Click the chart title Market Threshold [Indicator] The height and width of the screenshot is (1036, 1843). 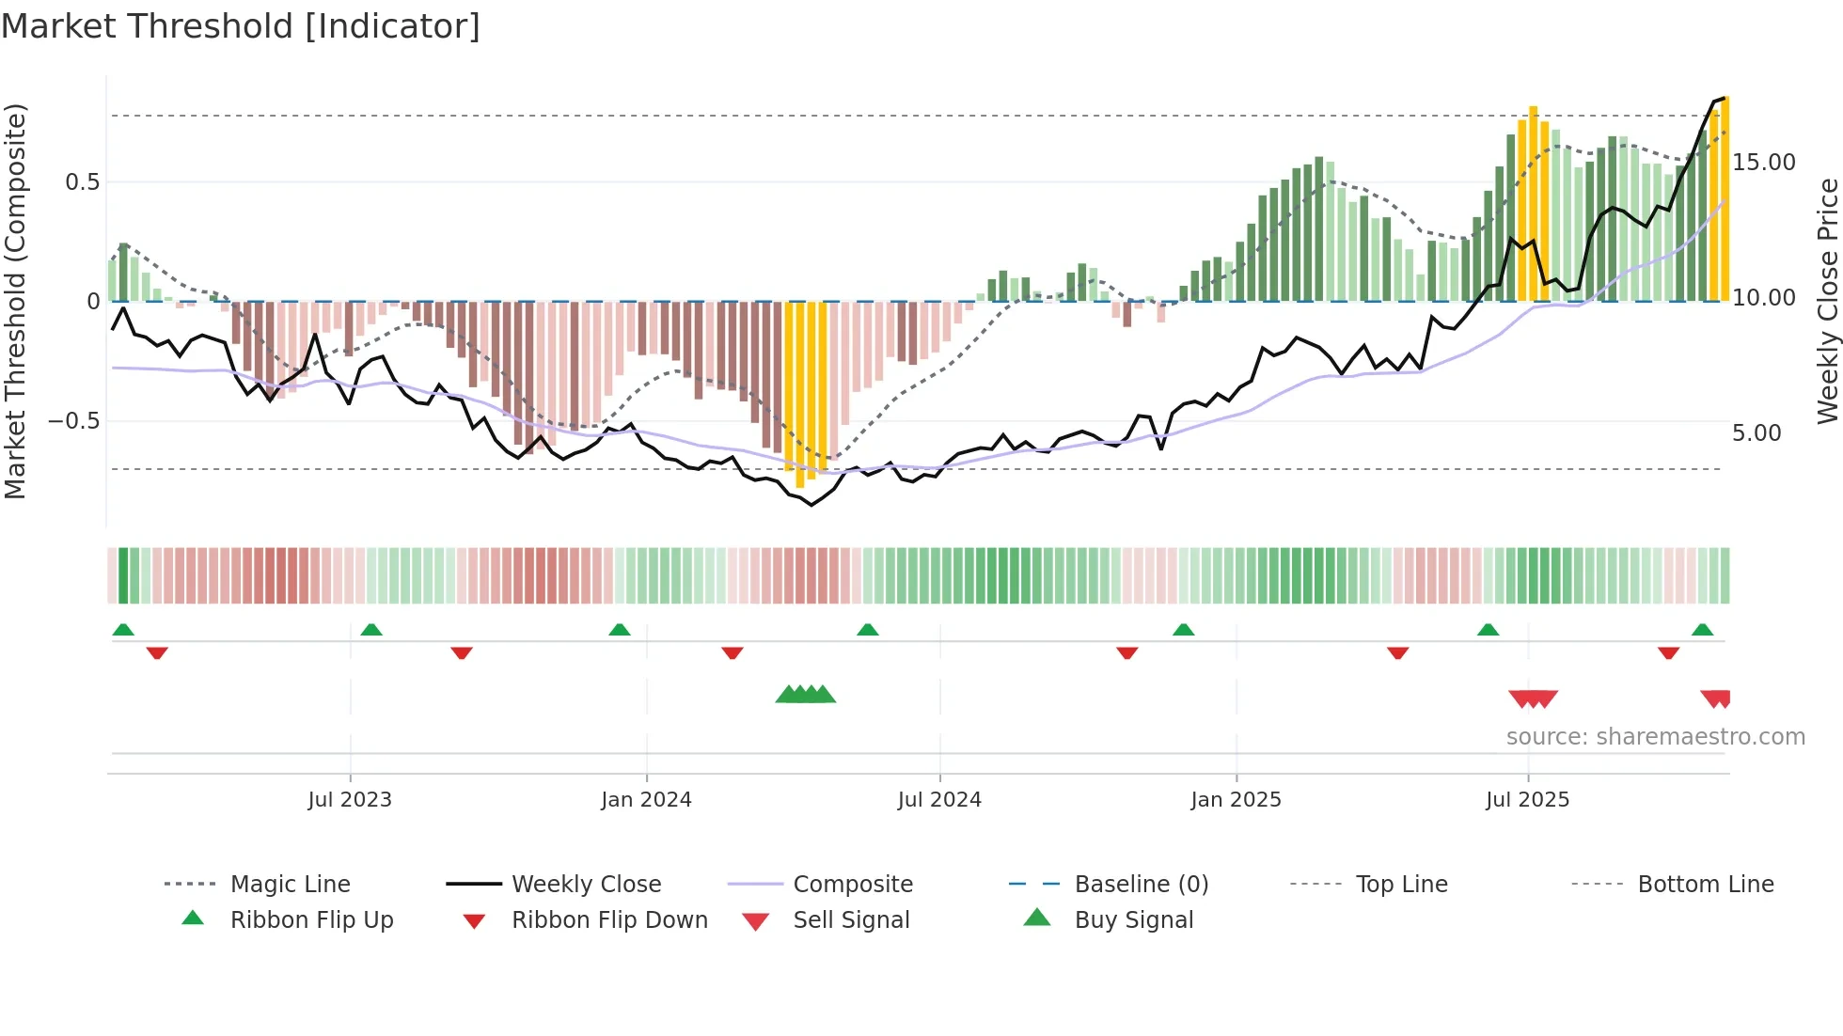pyautogui.click(x=241, y=26)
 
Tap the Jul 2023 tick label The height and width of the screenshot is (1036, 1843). pyautogui.click(x=349, y=800)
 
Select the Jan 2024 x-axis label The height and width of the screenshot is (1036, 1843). pyautogui.click(x=646, y=800)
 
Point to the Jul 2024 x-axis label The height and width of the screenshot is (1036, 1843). pyautogui.click(x=939, y=800)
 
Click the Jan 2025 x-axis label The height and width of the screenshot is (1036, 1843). pyautogui.click(x=1236, y=800)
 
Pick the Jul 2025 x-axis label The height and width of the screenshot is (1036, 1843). pyautogui.click(x=1527, y=800)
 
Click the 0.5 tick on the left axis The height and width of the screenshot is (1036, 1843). pyautogui.click(x=82, y=182)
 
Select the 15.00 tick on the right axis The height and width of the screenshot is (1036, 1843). pyautogui.click(x=1764, y=163)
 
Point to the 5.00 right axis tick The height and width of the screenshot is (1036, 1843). pyautogui.click(x=1756, y=433)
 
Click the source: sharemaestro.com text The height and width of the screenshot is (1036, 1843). pyautogui.click(x=1655, y=737)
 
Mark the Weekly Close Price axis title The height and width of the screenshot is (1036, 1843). pyautogui.click(x=1827, y=301)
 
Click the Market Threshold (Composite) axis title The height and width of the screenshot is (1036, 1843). pyautogui.click(x=15, y=301)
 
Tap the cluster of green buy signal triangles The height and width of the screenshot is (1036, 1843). pyautogui.click(x=806, y=695)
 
